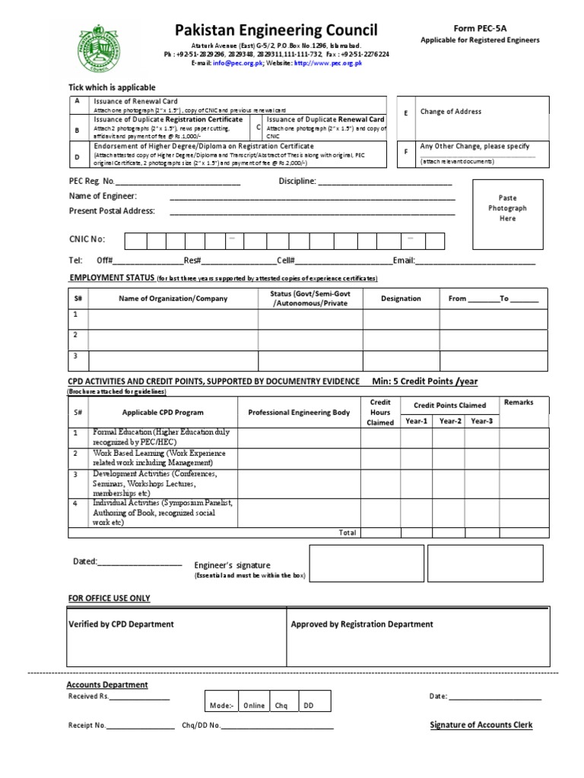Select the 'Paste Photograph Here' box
click(507, 207)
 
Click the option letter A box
click(77, 102)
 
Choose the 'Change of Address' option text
click(451, 112)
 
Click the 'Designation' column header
click(401, 299)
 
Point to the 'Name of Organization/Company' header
click(173, 299)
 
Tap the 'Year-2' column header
click(449, 420)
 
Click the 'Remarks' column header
click(519, 403)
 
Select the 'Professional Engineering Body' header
click(299, 412)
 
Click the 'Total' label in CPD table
click(348, 533)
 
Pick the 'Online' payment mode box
click(255, 705)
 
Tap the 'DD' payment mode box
click(309, 705)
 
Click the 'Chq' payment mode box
click(281, 705)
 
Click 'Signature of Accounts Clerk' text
click(481, 725)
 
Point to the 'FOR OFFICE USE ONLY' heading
click(109, 599)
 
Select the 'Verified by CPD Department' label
click(122, 624)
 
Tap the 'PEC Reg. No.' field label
click(91, 182)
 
